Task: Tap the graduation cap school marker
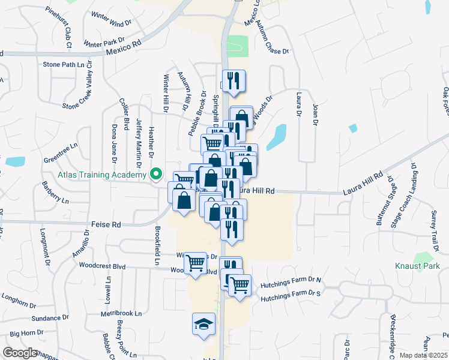203,325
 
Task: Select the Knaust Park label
417,266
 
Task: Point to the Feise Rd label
106,224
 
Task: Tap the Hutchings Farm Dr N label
291,280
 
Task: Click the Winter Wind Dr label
111,19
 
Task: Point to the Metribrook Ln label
121,313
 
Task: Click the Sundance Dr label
46,317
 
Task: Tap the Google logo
19,353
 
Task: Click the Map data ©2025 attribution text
423,355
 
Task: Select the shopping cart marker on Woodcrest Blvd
195,263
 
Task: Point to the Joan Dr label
314,115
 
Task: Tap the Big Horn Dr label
26,332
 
